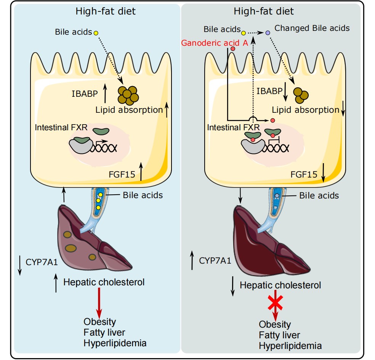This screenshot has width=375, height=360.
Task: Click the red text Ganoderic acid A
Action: [x=215, y=43]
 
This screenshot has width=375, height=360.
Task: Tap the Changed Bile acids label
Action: [x=312, y=28]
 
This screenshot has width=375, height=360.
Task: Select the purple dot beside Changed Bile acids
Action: [x=268, y=33]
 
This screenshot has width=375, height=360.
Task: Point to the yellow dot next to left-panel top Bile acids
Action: [x=96, y=33]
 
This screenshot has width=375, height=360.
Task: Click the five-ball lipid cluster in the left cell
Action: [x=128, y=95]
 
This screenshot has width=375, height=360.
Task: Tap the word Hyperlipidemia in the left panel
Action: [x=115, y=342]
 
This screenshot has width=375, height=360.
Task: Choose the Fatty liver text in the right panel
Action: [x=279, y=335]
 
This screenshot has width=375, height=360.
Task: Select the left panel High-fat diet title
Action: [x=105, y=11]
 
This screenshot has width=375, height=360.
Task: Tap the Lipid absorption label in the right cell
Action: [x=305, y=110]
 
